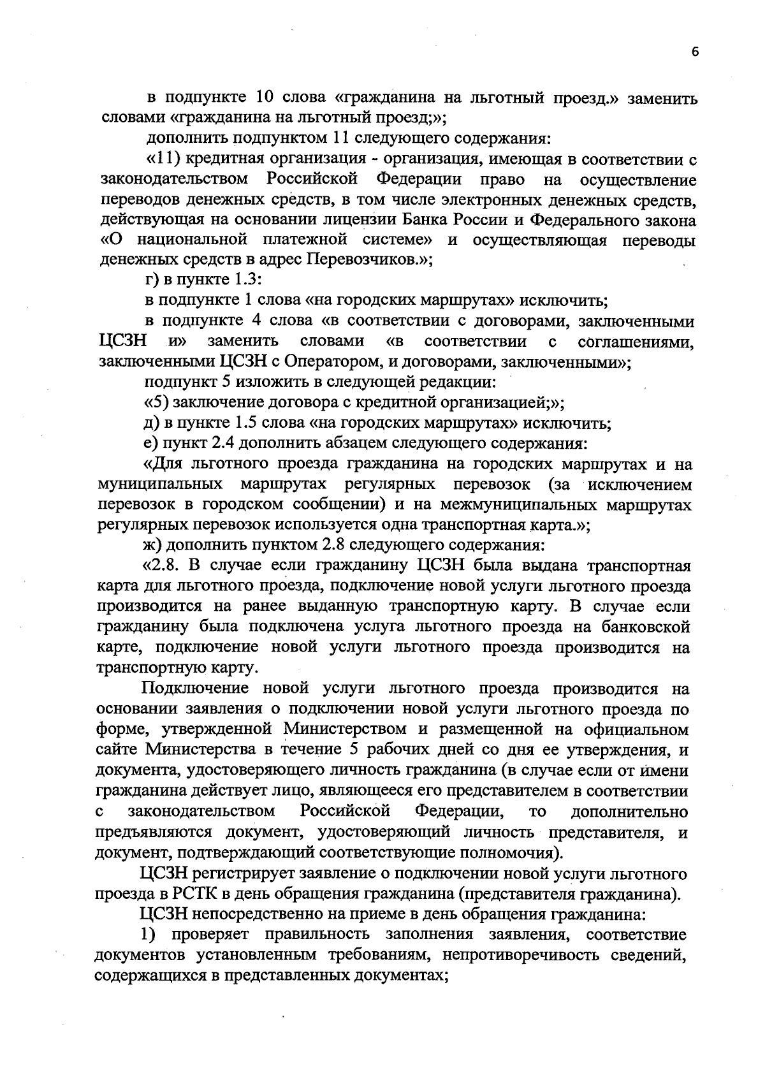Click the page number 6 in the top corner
[x=695, y=53]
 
